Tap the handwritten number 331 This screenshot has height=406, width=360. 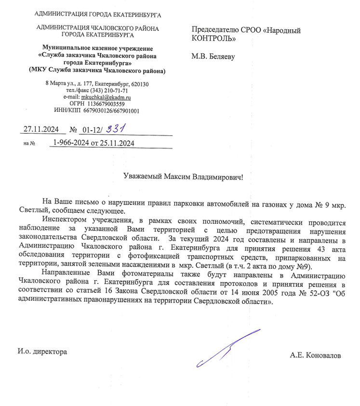tap(116, 129)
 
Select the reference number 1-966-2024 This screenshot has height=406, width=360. tap(72, 143)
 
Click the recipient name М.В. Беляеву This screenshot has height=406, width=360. tap(213, 56)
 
